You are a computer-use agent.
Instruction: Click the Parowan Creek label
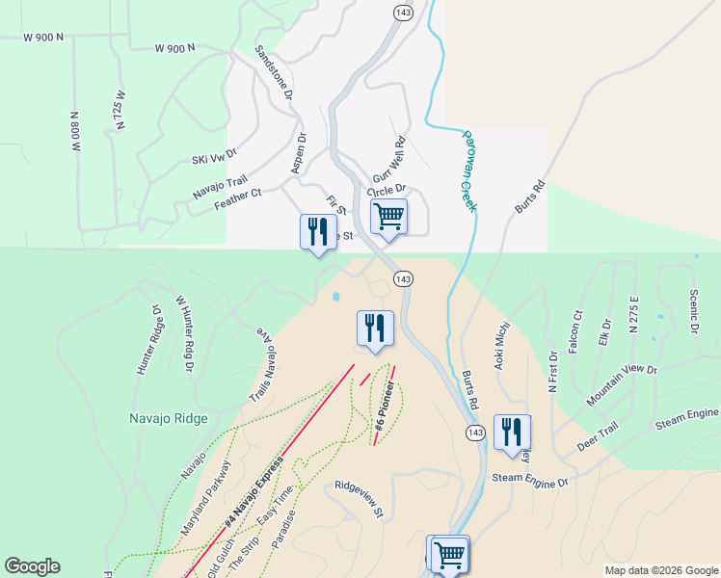click(x=469, y=171)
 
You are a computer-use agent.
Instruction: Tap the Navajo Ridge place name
click(x=169, y=418)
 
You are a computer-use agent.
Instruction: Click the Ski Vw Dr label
click(x=214, y=156)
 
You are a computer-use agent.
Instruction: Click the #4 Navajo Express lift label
click(x=254, y=491)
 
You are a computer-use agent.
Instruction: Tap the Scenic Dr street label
click(x=693, y=312)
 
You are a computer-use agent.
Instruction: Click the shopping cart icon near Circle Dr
click(x=388, y=216)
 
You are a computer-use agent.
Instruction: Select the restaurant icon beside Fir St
click(x=318, y=231)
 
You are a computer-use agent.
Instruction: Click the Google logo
click(x=33, y=566)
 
